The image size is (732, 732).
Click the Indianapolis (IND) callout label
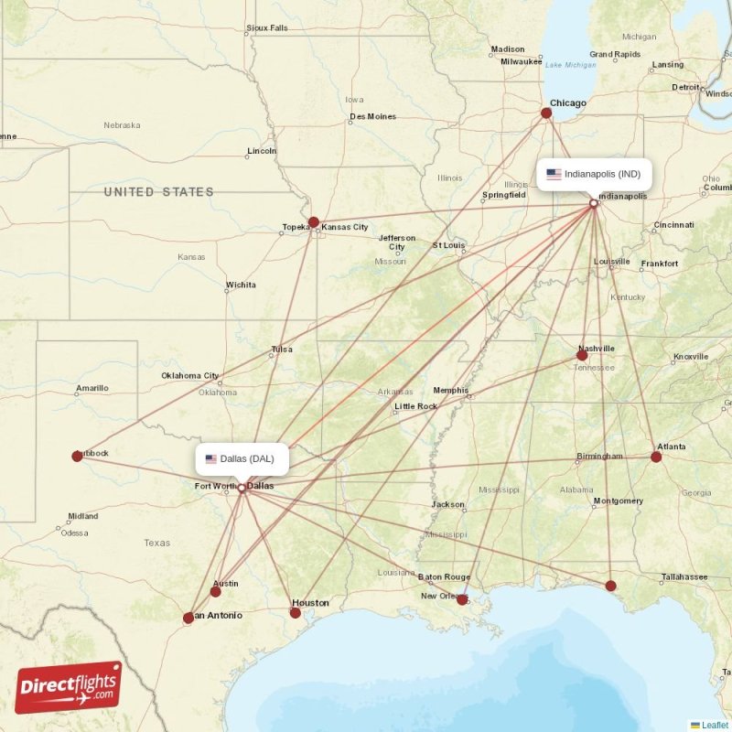(x=594, y=174)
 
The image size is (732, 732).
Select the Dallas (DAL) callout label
(x=242, y=459)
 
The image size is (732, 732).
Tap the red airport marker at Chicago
(x=546, y=113)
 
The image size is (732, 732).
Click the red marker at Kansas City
(x=314, y=222)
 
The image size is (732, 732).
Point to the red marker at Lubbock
(x=78, y=456)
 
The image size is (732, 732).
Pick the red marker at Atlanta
(x=656, y=457)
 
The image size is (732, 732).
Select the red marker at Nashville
(x=582, y=355)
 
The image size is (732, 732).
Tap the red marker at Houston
(x=295, y=613)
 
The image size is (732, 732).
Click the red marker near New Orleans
(x=462, y=600)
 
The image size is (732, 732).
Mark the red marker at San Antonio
(x=188, y=619)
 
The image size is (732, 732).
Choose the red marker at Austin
(x=216, y=592)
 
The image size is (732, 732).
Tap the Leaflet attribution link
(x=715, y=725)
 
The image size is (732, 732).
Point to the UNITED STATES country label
(x=158, y=192)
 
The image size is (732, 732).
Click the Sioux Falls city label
(x=267, y=28)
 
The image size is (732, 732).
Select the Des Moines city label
(x=373, y=117)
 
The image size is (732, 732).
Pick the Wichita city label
(x=242, y=285)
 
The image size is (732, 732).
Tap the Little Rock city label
(x=415, y=406)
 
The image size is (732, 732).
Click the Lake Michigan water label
(x=570, y=65)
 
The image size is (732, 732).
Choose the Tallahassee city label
(x=685, y=577)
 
